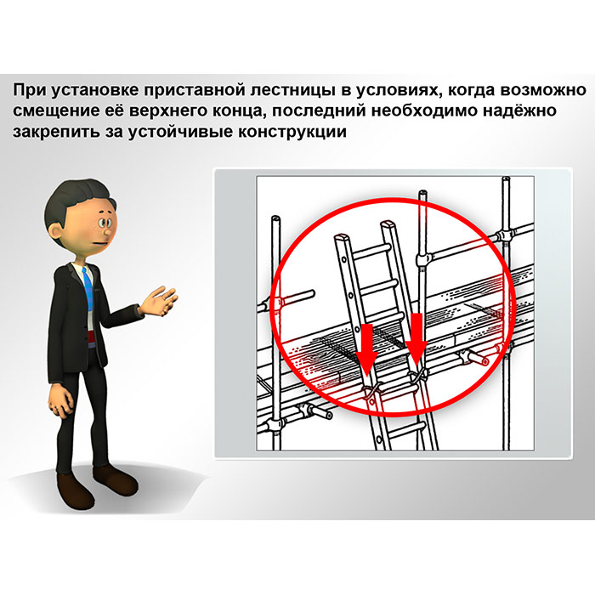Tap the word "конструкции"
point(292,132)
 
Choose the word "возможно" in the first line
point(544,91)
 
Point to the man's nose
point(107,230)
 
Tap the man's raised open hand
point(158,301)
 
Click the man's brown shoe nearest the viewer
point(75,490)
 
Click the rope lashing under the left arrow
point(371,391)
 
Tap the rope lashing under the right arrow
point(417,377)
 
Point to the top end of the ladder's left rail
point(341,238)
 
